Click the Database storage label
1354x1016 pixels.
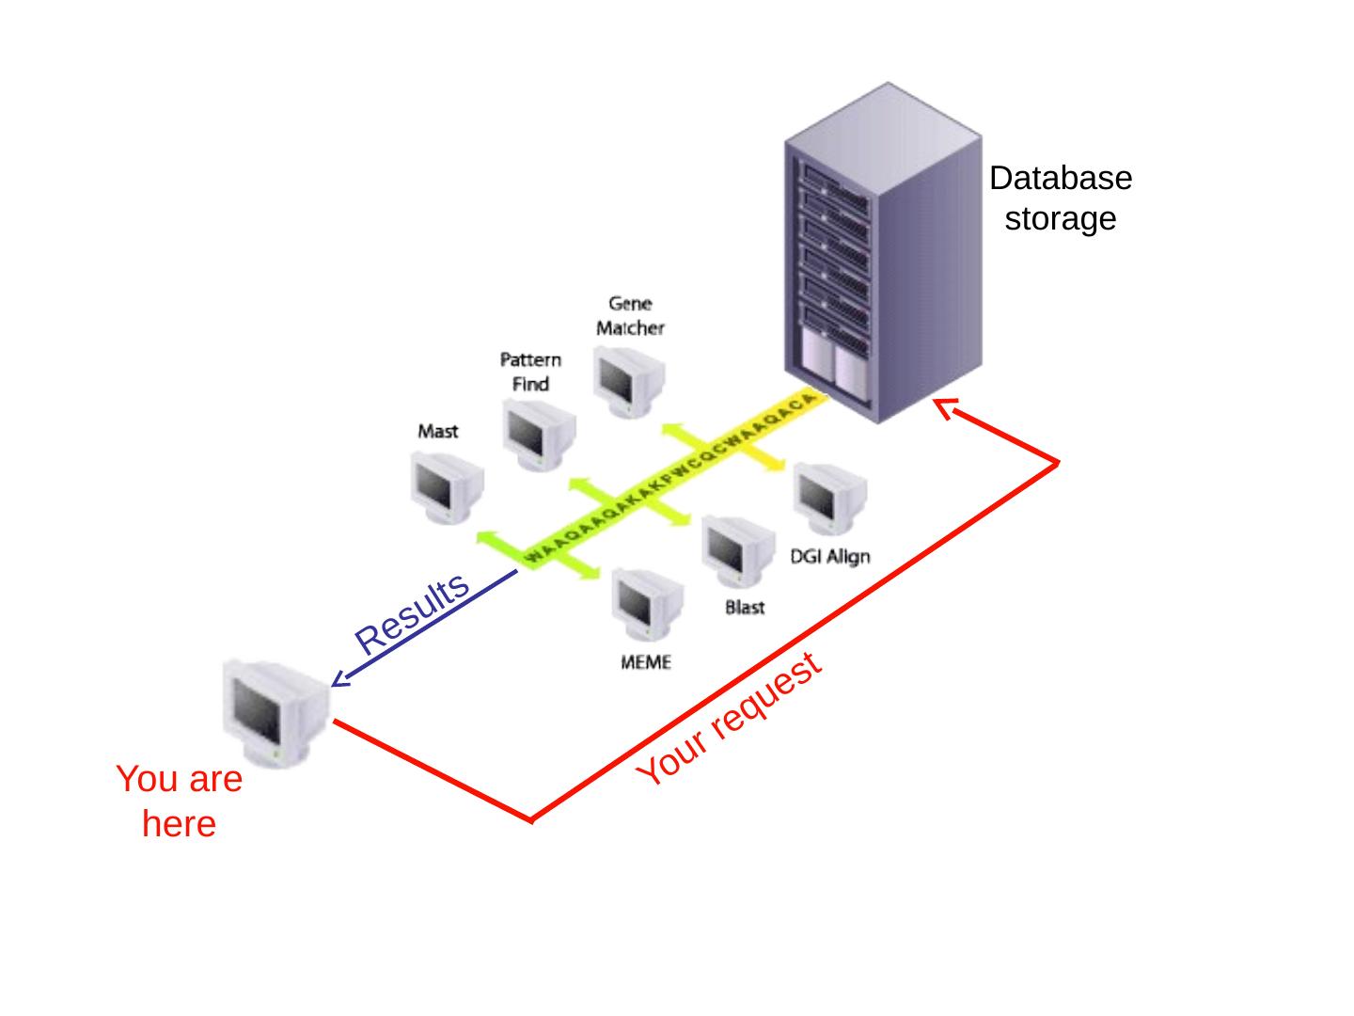pos(1060,198)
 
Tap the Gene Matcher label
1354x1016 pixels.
pos(630,316)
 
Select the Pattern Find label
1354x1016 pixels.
pos(530,372)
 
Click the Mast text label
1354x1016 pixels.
pos(437,431)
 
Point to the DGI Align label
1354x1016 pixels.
pos(829,556)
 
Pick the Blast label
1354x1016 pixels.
pos(745,608)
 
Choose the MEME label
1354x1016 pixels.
pos(646,662)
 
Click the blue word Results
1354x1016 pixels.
pos(412,612)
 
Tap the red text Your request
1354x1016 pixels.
pos(729,720)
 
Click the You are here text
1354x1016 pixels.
pos(179,802)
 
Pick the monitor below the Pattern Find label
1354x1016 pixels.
pos(538,434)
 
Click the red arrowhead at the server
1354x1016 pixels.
pos(943,407)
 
